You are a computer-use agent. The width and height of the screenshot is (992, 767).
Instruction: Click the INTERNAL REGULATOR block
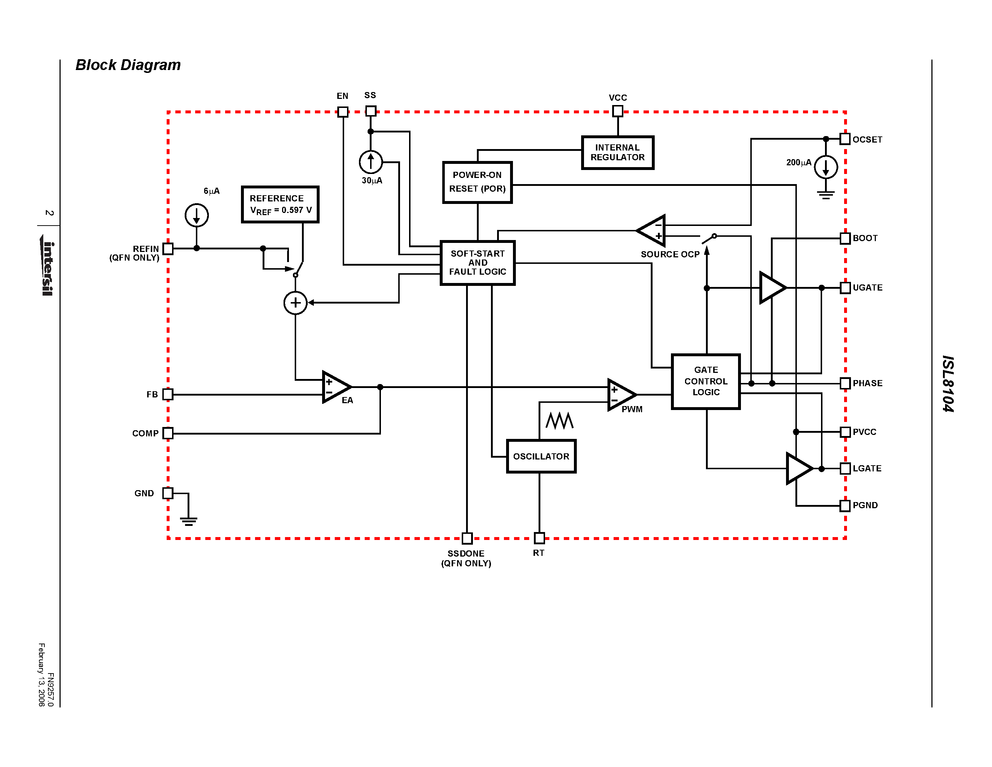[x=617, y=153]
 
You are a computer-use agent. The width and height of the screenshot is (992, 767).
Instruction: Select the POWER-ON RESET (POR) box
[x=477, y=182]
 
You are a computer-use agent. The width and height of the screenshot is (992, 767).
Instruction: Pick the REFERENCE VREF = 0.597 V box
[x=280, y=204]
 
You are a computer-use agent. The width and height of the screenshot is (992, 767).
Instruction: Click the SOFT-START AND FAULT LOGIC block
[x=477, y=263]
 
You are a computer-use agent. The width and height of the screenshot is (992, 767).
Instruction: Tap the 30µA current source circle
[x=370, y=162]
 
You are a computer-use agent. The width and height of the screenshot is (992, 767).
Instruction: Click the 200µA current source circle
[x=825, y=167]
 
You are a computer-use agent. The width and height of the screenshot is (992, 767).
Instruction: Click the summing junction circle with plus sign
[x=295, y=302]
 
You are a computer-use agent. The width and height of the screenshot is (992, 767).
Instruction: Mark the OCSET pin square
[x=845, y=139]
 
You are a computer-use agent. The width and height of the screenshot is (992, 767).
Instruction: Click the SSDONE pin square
[x=467, y=538]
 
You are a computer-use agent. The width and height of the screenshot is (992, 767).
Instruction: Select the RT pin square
[x=539, y=538]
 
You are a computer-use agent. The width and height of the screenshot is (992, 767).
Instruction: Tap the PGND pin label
[x=865, y=505]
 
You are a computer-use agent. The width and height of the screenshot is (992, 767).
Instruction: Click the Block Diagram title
[x=128, y=65]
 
